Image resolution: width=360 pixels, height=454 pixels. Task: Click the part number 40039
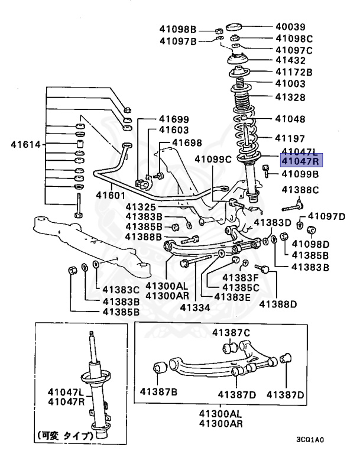(x=292, y=27)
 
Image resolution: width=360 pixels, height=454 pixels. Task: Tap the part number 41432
(x=292, y=60)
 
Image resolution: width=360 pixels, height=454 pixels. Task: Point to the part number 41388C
(x=300, y=190)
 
